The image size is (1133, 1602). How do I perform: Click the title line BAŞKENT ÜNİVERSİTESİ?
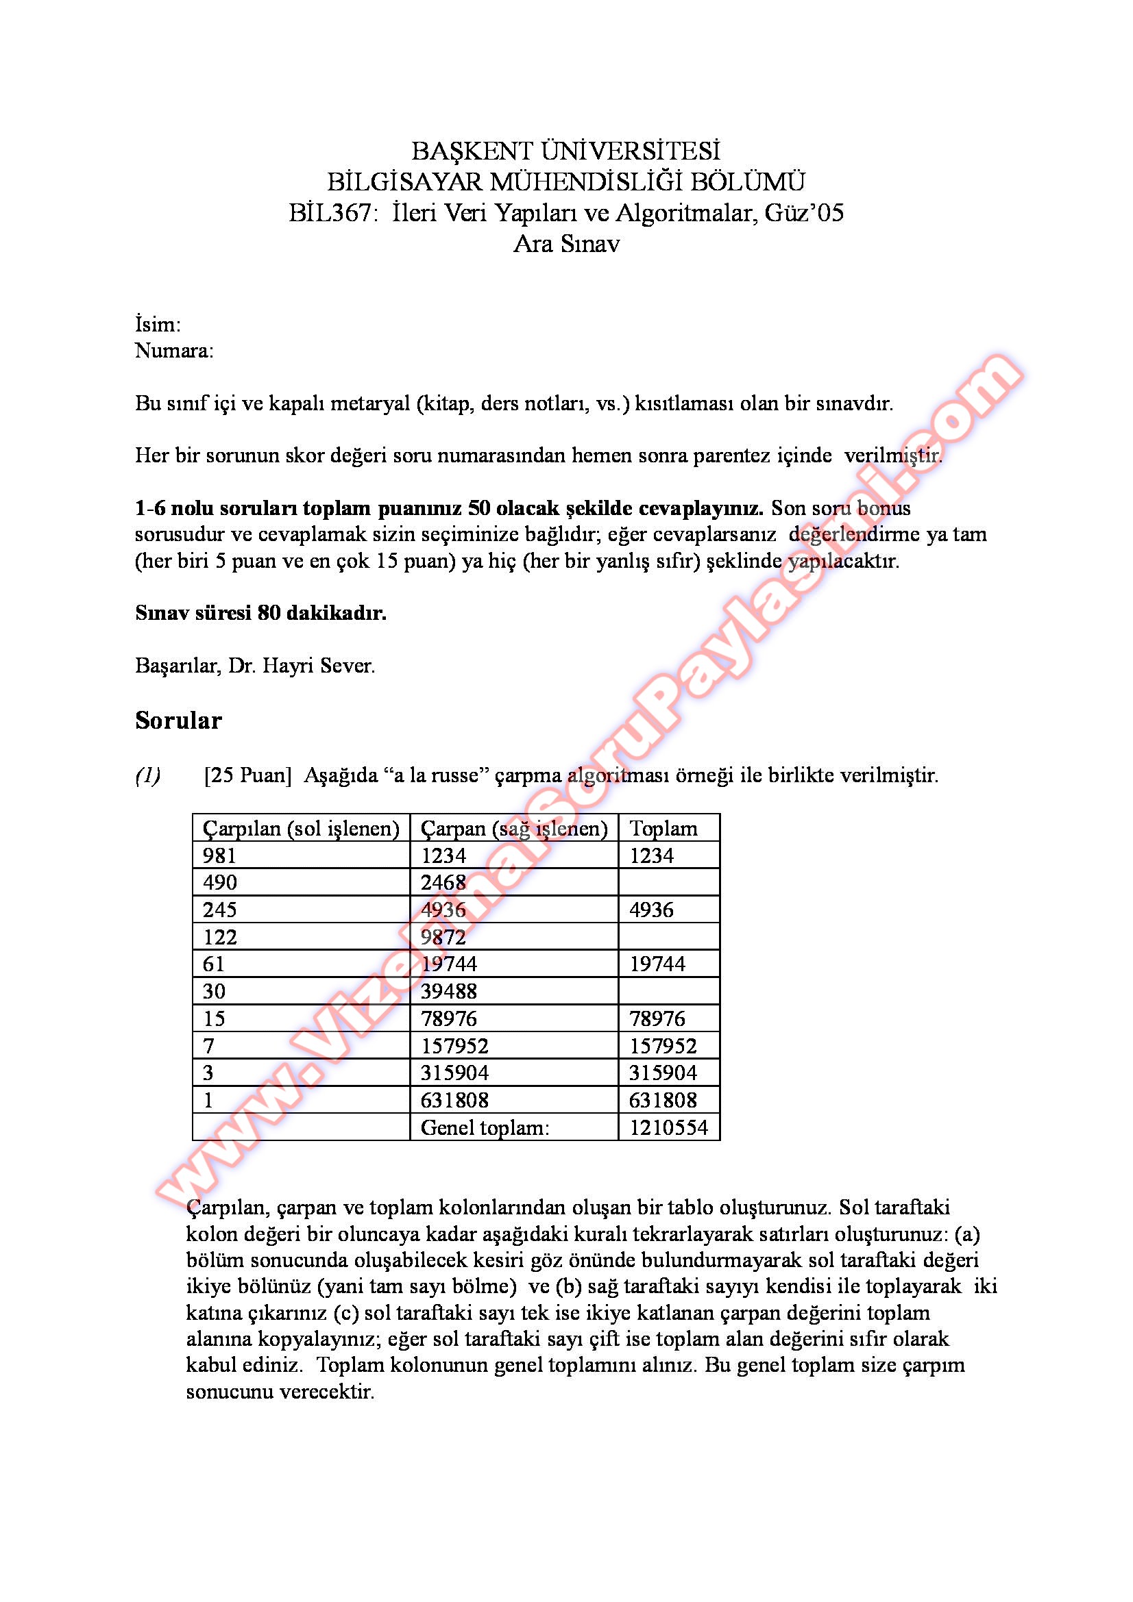565,151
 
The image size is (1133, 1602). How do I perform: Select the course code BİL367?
331,212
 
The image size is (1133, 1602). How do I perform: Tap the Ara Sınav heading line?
566,244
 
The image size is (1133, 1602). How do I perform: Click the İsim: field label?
158,325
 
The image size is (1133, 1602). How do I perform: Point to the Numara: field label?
174,350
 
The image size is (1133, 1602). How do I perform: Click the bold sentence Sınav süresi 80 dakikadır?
260,612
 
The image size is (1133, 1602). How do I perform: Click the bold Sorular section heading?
178,720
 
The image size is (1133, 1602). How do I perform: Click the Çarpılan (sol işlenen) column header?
301,828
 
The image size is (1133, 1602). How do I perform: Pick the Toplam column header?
663,828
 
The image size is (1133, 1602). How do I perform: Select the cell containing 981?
220,855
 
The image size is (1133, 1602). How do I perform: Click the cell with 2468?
443,883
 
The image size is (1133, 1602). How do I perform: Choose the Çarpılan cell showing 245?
220,910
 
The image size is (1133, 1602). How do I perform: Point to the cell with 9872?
443,937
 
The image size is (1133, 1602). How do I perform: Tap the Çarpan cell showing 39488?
448,992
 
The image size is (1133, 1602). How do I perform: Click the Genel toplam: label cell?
485,1127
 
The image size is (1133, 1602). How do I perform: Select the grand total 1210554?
668,1127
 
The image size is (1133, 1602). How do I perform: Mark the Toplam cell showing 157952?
663,1046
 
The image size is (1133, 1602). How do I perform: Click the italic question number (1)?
148,775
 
